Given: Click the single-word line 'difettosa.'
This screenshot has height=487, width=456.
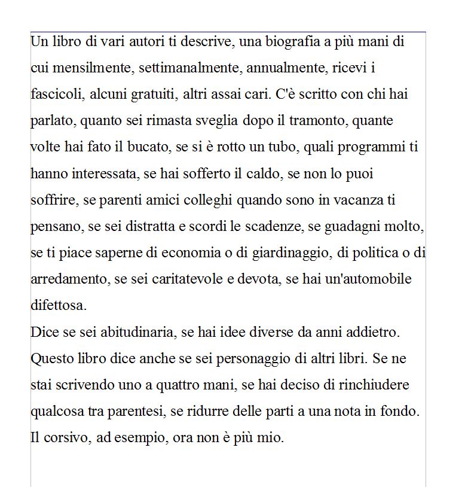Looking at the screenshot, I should click(59, 306).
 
